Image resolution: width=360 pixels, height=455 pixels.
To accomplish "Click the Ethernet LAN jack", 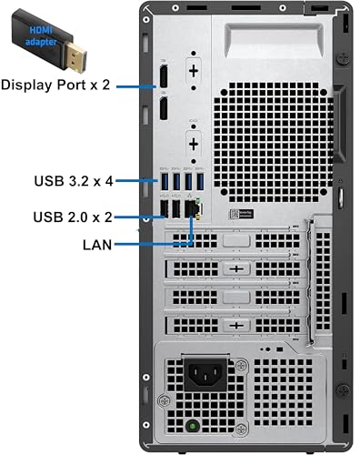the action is [192, 209].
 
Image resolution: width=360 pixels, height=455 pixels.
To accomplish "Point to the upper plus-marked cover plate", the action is [194, 71].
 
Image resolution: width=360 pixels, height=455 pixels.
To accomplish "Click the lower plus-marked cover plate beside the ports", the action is [194, 143].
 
